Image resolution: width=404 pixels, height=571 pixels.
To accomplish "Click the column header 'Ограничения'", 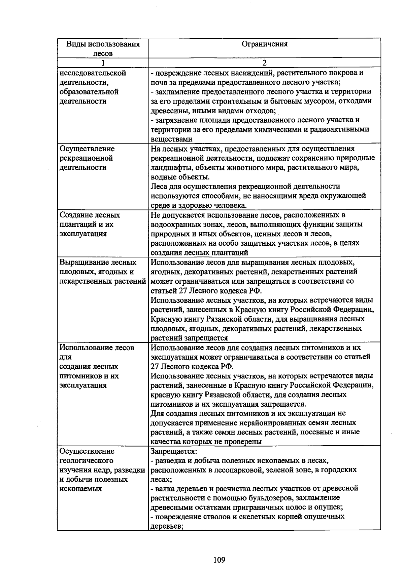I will (x=265, y=44).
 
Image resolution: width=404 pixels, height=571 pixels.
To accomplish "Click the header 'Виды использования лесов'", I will (x=103, y=48).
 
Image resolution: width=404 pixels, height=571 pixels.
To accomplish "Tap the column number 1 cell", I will (x=103, y=63).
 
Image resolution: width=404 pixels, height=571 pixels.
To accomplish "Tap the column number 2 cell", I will (x=265, y=63).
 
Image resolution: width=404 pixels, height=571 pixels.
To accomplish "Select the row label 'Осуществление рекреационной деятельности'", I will (x=87, y=158).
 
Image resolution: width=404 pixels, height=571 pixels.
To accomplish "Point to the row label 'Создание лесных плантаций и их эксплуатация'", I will (x=89, y=225).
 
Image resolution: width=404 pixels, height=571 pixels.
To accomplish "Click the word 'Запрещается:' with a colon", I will (x=173, y=451).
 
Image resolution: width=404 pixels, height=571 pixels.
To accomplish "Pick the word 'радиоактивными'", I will (x=340, y=129).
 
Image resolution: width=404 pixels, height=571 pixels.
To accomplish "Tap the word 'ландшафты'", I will (x=169, y=168).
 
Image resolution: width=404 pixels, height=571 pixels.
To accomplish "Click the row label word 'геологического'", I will (x=86, y=460).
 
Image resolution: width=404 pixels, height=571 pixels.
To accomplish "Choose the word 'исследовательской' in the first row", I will (x=93, y=73).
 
